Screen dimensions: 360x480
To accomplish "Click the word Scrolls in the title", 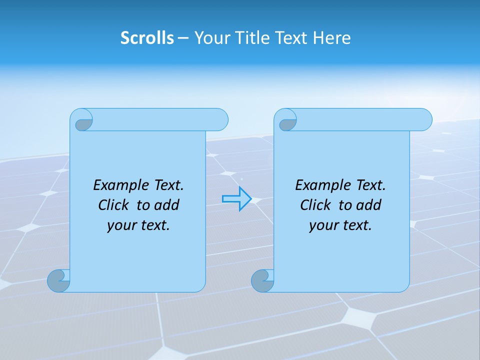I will pyautogui.click(x=147, y=38).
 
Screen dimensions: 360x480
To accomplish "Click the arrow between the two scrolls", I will pyautogui.click(x=236, y=199).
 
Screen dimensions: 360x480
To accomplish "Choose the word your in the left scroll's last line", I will pyautogui.click(x=121, y=225).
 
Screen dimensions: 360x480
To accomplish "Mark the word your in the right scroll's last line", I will pyautogui.click(x=323, y=225).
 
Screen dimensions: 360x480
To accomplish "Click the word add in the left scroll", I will pyautogui.click(x=167, y=205).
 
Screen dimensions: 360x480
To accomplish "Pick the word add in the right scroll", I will pyautogui.click(x=369, y=205).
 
